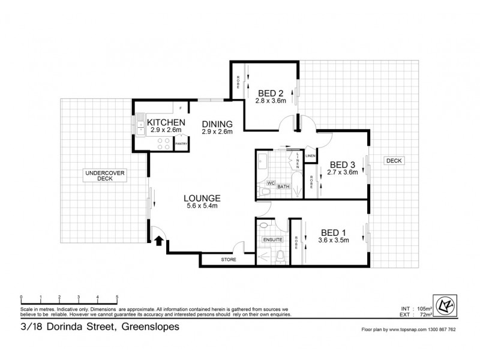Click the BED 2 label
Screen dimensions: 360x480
(x=271, y=93)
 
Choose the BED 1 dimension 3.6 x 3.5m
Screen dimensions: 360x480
(x=334, y=241)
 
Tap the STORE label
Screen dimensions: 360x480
(x=229, y=260)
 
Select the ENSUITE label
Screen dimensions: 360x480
(x=272, y=240)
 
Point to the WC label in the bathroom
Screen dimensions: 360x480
(x=271, y=182)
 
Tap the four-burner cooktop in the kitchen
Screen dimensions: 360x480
(x=163, y=143)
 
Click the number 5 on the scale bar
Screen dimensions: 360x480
(x=116, y=298)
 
